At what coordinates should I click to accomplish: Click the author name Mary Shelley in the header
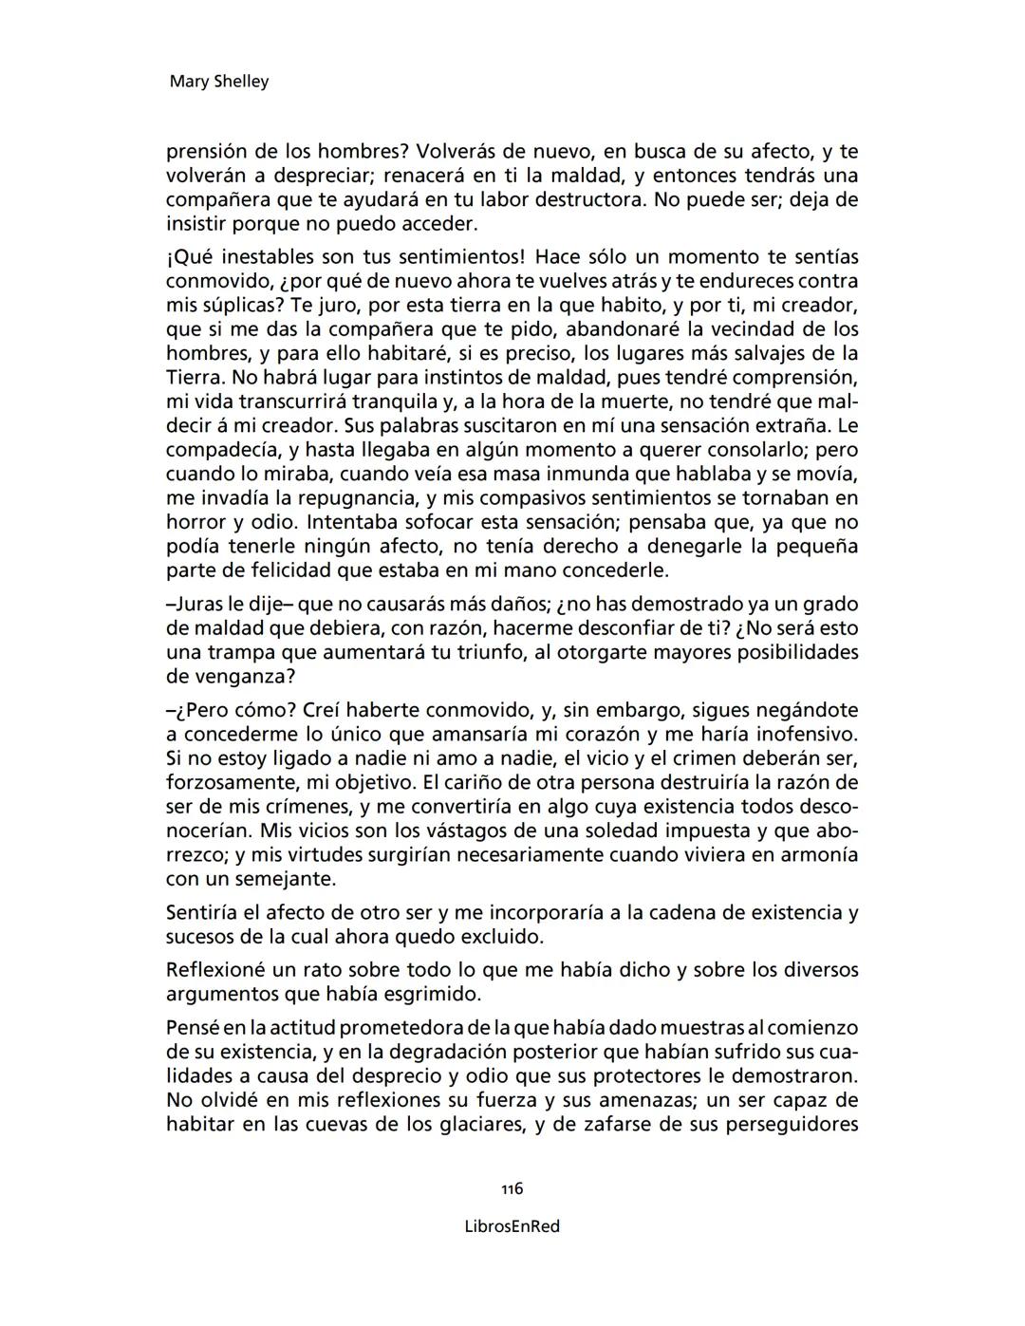point(218,82)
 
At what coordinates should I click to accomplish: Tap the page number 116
point(512,1189)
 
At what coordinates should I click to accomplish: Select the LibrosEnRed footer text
point(512,1226)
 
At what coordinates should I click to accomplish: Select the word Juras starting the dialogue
point(196,605)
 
